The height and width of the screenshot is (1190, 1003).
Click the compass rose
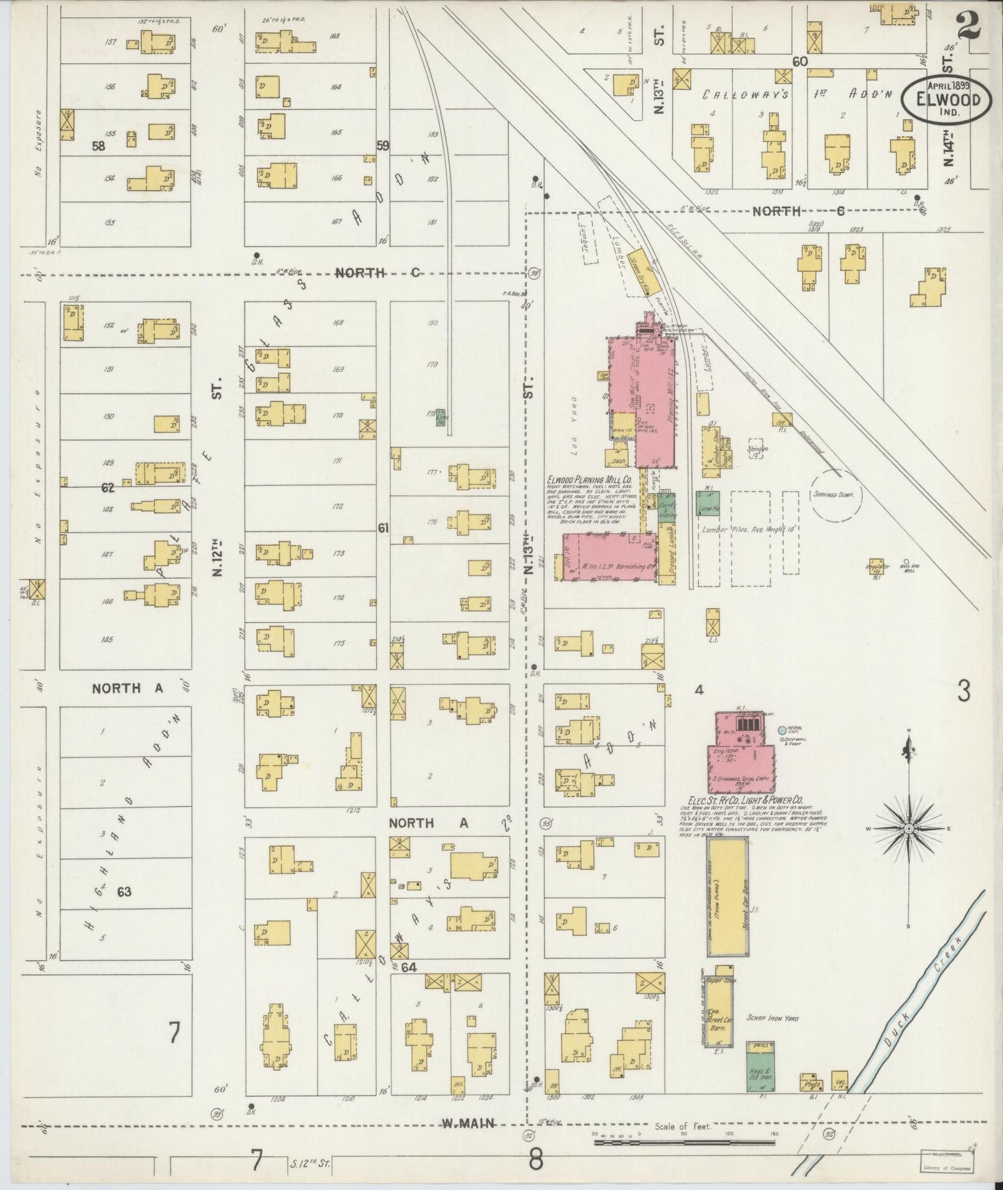(x=909, y=829)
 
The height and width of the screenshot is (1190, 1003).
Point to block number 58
(x=98, y=146)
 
